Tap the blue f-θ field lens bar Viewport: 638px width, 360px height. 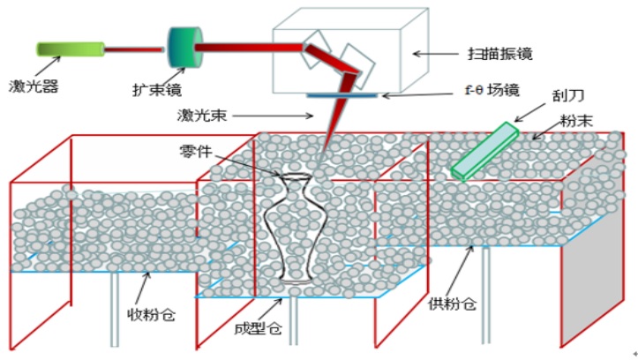(344, 94)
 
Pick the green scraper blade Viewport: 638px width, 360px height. (484, 151)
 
